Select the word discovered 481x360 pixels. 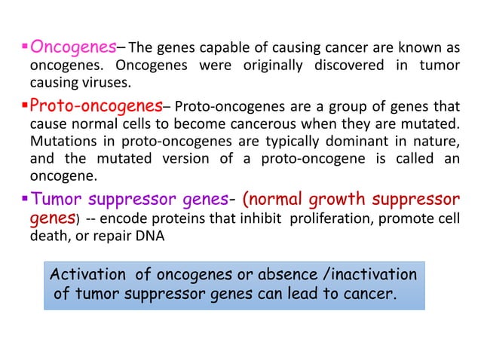pos(345,66)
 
